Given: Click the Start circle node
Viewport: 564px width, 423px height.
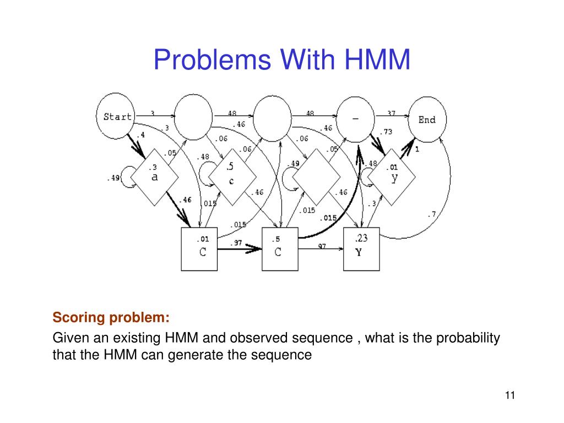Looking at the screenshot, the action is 117,116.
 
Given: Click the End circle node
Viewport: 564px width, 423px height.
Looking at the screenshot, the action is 427,120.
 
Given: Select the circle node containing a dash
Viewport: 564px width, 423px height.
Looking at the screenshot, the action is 355,117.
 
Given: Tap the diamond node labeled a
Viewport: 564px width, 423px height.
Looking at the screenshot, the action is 154,176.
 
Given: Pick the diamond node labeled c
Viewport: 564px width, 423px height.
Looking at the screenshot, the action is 231,176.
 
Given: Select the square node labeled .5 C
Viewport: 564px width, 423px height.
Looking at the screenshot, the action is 279,249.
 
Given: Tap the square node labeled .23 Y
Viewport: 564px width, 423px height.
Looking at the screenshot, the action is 361,249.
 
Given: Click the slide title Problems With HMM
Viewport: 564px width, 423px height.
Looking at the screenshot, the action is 282,59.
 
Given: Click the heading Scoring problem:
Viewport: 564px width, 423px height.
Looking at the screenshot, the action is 111,318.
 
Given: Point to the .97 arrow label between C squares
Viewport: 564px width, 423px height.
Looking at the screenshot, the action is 237,243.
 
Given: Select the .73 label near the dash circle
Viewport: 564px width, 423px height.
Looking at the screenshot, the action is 386,132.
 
